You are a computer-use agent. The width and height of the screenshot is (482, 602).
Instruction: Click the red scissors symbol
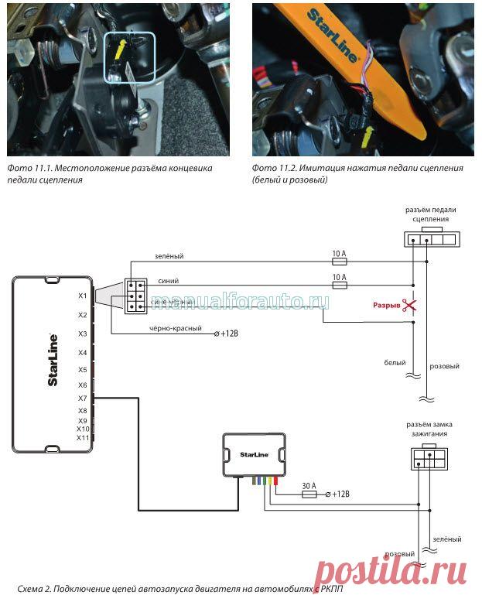pos(410,306)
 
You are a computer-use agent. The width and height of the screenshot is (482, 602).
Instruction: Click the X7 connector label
pos(82,398)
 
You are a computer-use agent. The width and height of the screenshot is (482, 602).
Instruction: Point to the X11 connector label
pos(83,438)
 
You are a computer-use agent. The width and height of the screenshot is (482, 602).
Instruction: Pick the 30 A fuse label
pos(309,485)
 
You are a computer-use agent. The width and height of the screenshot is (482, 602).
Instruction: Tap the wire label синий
pos(166,282)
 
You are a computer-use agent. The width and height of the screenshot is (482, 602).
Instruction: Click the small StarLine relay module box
pos(255,454)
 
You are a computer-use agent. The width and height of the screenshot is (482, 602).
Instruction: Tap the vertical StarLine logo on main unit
pos(51,360)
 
